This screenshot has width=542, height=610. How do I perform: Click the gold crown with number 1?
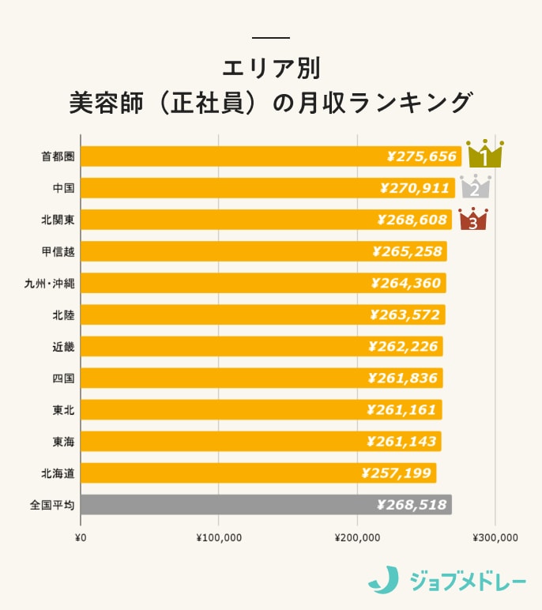click(x=484, y=154)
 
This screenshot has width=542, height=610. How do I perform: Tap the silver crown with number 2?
click(x=476, y=187)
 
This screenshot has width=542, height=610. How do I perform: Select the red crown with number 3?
click(x=473, y=220)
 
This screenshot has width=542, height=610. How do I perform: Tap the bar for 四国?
click(x=262, y=378)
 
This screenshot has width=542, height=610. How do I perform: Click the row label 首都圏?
click(x=58, y=156)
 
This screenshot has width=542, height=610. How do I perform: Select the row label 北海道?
click(x=58, y=473)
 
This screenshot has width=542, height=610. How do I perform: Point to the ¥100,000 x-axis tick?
click(x=219, y=538)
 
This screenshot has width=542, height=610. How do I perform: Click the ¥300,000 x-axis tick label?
click(x=495, y=538)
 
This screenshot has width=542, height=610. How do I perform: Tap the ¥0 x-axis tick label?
click(x=80, y=538)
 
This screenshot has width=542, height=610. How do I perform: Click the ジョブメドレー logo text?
click(x=468, y=582)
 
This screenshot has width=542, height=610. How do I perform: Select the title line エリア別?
click(x=271, y=68)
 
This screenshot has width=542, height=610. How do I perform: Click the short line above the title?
click(x=271, y=38)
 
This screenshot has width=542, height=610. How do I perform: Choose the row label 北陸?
click(x=63, y=314)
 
